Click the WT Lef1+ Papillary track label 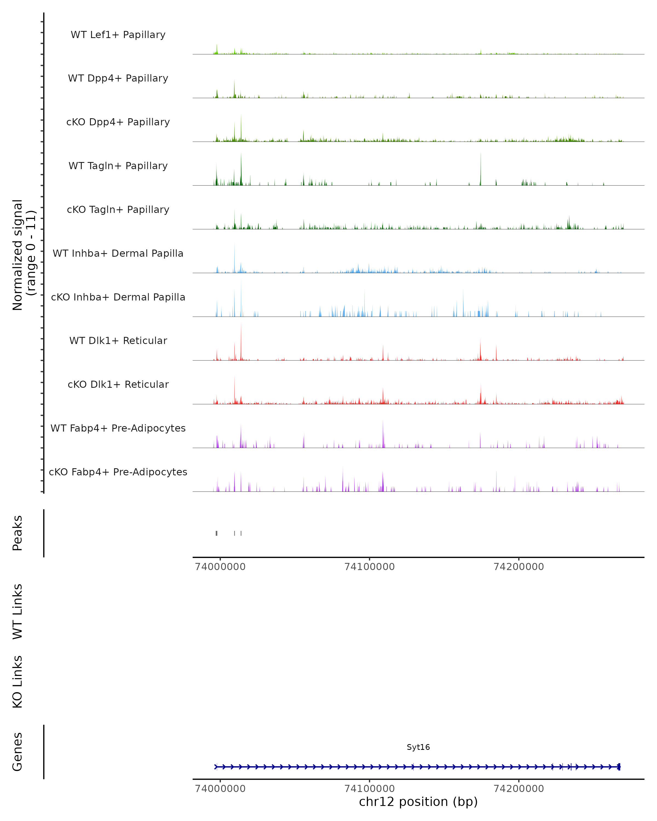pyautogui.click(x=118, y=35)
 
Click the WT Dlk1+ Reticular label pyautogui.click(x=118, y=340)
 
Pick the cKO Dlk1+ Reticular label pyautogui.click(x=118, y=384)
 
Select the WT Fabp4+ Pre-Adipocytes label pyautogui.click(x=118, y=428)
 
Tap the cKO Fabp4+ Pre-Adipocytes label pyautogui.click(x=118, y=472)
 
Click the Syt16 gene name pyautogui.click(x=418, y=747)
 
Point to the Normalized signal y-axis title pyautogui.click(x=24, y=255)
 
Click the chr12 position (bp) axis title pyautogui.click(x=418, y=802)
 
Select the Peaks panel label pyautogui.click(x=18, y=533)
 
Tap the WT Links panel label pyautogui.click(x=18, y=611)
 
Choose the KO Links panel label pyautogui.click(x=18, y=682)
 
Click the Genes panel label pyautogui.click(x=18, y=752)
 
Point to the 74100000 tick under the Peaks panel pyautogui.click(x=370, y=567)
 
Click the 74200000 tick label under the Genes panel pyautogui.click(x=519, y=789)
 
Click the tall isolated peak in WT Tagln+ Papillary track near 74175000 pyautogui.click(x=481, y=169)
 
